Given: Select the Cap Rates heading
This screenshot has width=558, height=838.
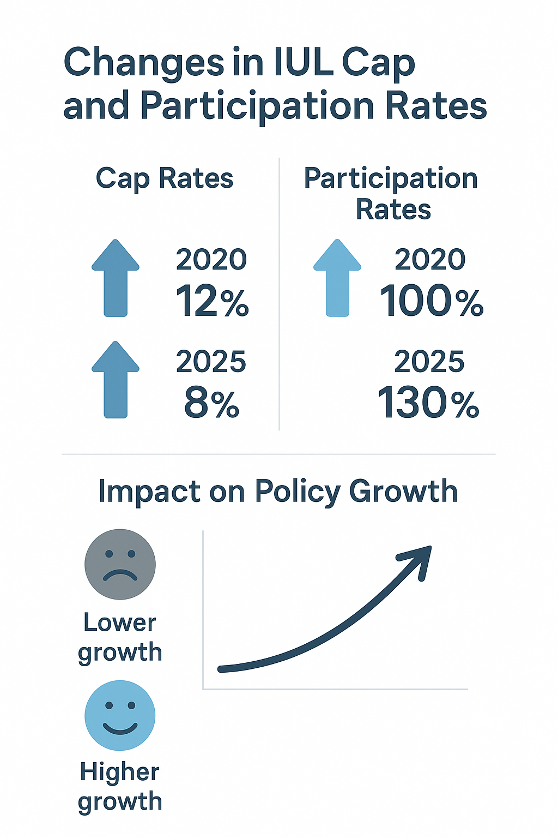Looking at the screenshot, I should (x=164, y=178).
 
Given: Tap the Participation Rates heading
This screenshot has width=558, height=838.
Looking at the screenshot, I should (x=391, y=194).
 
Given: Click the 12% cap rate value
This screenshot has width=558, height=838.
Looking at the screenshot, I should (x=212, y=301).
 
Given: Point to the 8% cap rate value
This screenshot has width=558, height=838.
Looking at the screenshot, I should (x=211, y=404).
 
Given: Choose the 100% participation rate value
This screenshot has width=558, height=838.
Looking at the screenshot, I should (x=431, y=301).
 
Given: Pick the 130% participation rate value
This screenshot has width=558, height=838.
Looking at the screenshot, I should (x=428, y=404).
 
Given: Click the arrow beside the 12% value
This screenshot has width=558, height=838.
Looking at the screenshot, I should (x=116, y=278).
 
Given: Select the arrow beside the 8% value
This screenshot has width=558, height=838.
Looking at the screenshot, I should (x=116, y=380).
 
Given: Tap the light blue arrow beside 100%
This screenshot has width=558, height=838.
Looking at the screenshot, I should (x=337, y=278).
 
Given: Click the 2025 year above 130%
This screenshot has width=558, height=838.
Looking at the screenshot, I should (x=429, y=362).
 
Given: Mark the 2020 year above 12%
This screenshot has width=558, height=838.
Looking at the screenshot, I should (x=211, y=259).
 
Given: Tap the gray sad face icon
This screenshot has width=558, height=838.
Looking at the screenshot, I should (x=120, y=564).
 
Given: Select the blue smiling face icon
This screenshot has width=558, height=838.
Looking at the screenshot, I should (x=120, y=715).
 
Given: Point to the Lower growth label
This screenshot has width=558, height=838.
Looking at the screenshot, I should (x=120, y=637).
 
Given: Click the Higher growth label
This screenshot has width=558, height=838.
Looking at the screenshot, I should (x=120, y=787).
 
